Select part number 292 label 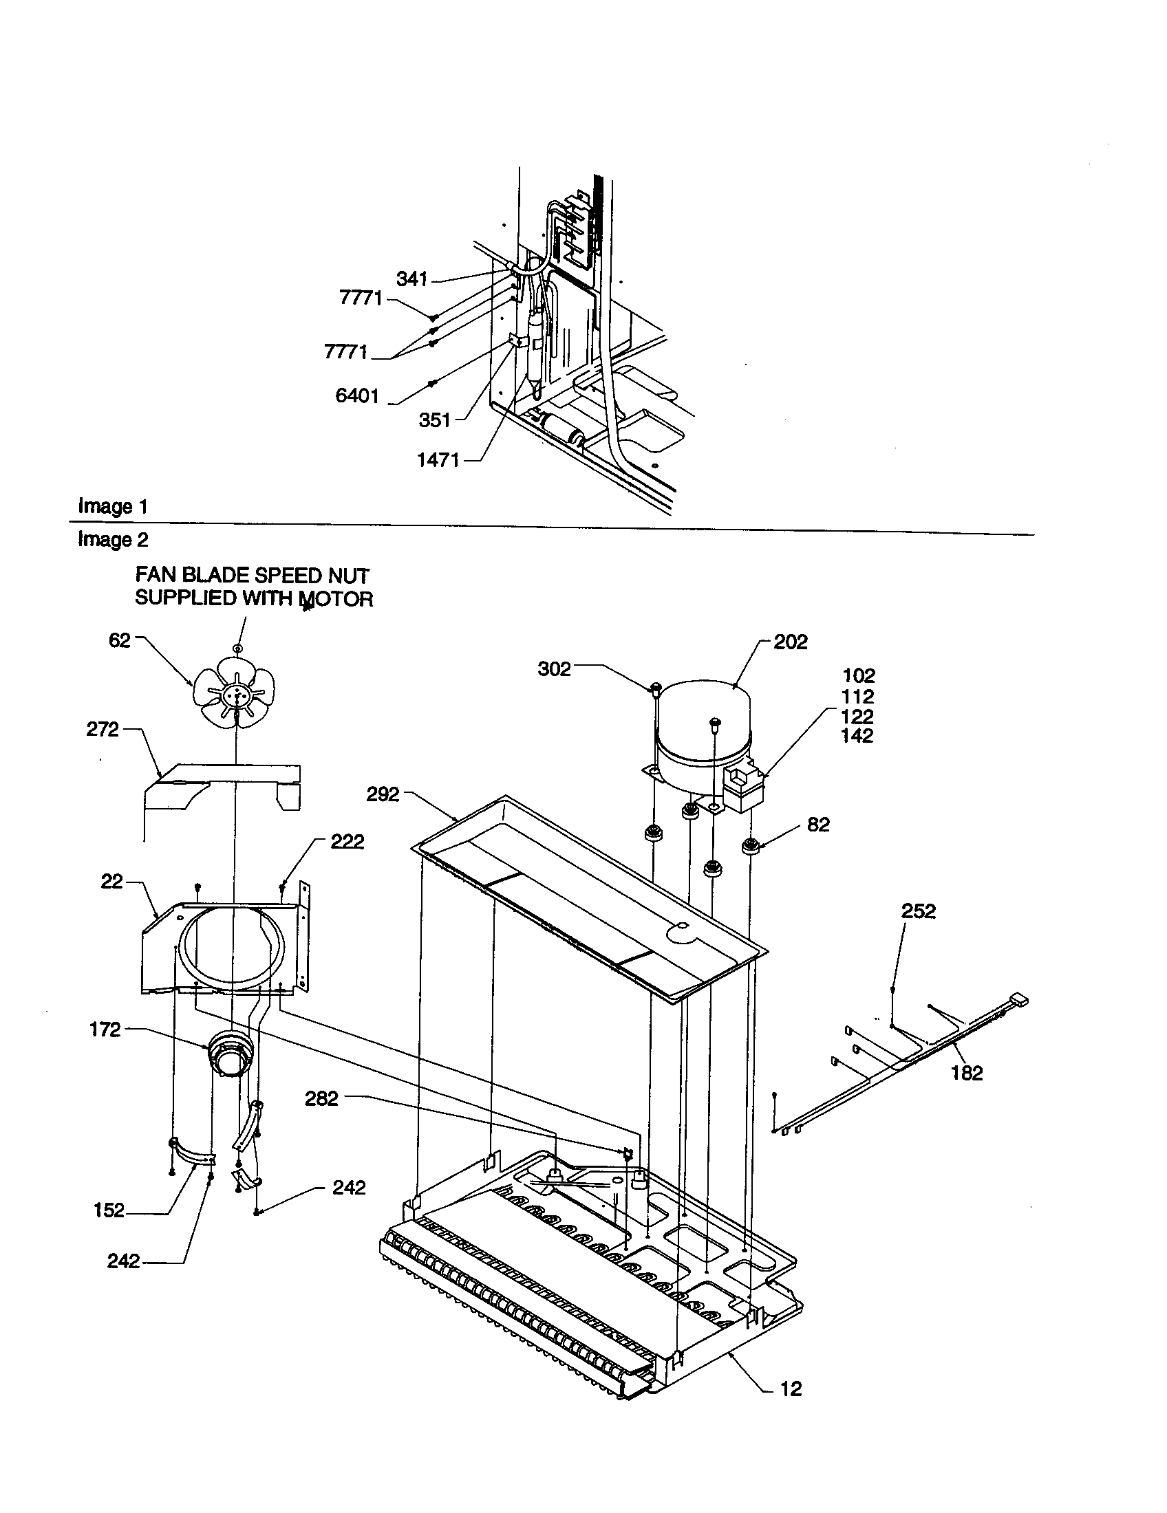click(383, 794)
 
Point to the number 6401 click(357, 396)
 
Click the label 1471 click(438, 460)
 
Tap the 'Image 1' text click(113, 506)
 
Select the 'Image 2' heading click(113, 539)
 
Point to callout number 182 click(967, 1073)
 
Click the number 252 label click(918, 911)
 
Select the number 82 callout click(818, 825)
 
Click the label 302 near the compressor click(555, 668)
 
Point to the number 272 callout click(103, 730)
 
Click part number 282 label click(321, 1099)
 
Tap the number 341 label click(411, 279)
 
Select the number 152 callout click(109, 1210)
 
